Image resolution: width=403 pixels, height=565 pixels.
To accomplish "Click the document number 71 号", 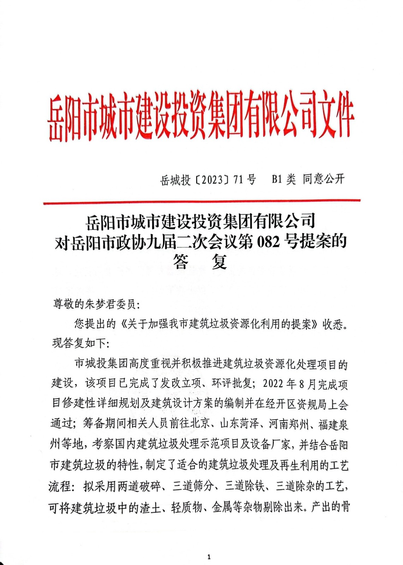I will pyautogui.click(x=244, y=180).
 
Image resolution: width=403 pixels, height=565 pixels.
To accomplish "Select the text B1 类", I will pyautogui.click(x=283, y=179).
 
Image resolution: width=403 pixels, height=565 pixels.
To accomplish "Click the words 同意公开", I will pyautogui.click(x=323, y=179).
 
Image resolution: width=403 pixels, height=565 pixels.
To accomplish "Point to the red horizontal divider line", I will pyautogui.click(x=202, y=202).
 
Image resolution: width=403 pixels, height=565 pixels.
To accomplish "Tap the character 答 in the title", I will pyautogui.click(x=181, y=262).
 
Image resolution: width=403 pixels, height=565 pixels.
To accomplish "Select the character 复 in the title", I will pyautogui.click(x=219, y=262).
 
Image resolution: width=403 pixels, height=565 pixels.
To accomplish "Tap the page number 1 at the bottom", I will pyautogui.click(x=209, y=558).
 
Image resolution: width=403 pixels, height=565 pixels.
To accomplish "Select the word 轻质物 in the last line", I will pyautogui.click(x=186, y=507).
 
